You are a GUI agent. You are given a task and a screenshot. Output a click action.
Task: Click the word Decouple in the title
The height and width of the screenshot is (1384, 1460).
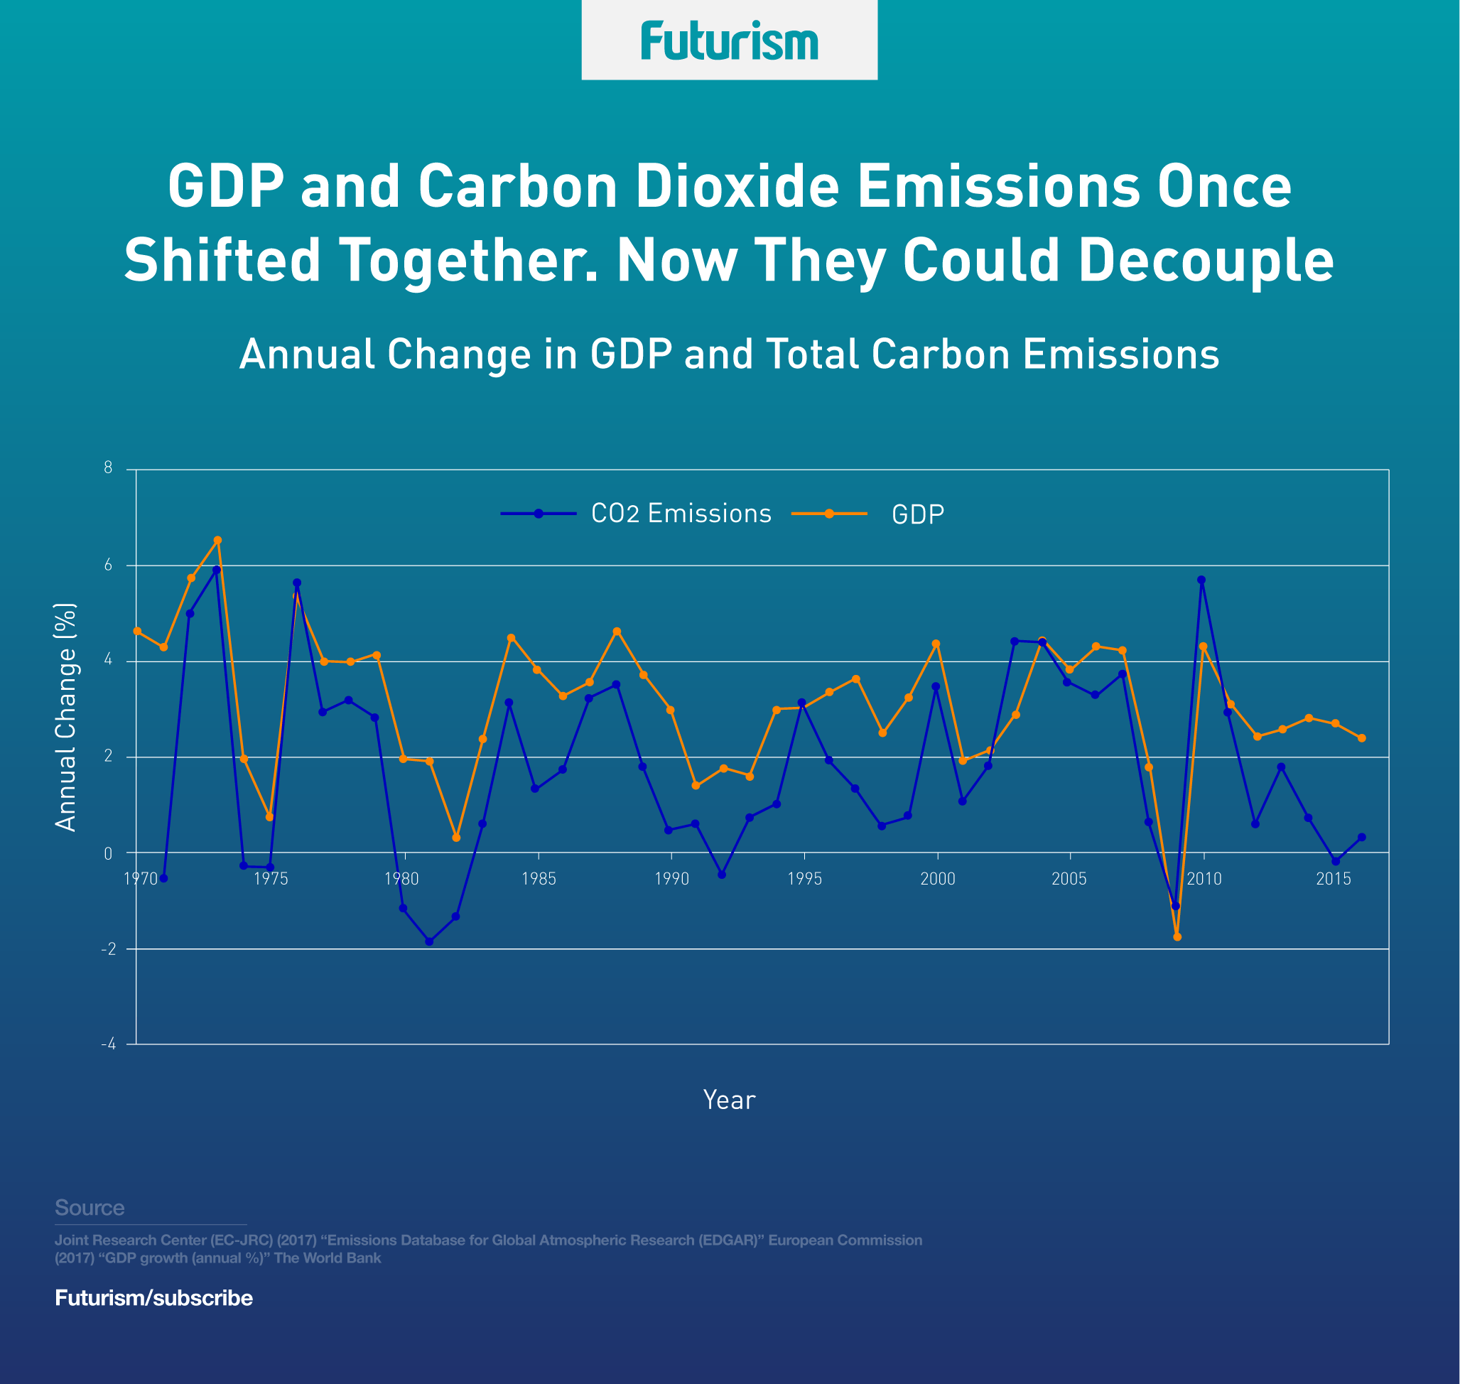pyautogui.click(x=1206, y=261)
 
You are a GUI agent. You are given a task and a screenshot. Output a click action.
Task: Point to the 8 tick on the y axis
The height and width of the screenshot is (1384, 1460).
pyautogui.click(x=109, y=467)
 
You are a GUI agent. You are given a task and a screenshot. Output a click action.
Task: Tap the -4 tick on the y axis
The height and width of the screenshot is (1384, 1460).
pyautogui.click(x=108, y=1044)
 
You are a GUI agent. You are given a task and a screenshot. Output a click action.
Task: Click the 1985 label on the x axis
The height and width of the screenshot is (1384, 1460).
pyautogui.click(x=539, y=879)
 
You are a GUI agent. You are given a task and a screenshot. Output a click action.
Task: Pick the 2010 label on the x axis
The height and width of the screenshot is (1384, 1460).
pyautogui.click(x=1204, y=879)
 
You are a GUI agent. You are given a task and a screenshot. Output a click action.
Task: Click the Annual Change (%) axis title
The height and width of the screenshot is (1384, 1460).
pyautogui.click(x=65, y=717)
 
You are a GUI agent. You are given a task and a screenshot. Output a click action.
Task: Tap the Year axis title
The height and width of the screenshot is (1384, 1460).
pyautogui.click(x=729, y=1100)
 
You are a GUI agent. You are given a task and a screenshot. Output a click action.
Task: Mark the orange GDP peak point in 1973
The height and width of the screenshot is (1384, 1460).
pyautogui.click(x=217, y=540)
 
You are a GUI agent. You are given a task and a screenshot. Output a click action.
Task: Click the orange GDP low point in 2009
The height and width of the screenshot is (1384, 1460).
pyautogui.click(x=1177, y=937)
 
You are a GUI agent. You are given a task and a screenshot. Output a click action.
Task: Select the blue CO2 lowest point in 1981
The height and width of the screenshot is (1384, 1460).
pyautogui.click(x=429, y=941)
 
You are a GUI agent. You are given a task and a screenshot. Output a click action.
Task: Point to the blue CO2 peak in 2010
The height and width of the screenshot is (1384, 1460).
pyautogui.click(x=1201, y=580)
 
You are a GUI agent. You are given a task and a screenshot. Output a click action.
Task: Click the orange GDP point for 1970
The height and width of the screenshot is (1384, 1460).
pyautogui.click(x=137, y=631)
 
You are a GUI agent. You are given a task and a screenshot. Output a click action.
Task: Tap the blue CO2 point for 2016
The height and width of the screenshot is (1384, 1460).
pyautogui.click(x=1362, y=838)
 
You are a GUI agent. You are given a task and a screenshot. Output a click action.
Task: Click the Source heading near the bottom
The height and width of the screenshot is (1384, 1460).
pyautogui.click(x=90, y=1208)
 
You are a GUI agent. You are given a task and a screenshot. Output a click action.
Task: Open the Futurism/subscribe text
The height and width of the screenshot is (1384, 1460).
pyautogui.click(x=153, y=1298)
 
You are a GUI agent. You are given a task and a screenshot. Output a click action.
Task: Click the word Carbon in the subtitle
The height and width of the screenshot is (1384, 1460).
pyautogui.click(x=941, y=354)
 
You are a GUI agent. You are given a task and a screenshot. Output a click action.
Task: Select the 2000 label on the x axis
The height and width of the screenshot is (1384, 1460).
pyautogui.click(x=938, y=879)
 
